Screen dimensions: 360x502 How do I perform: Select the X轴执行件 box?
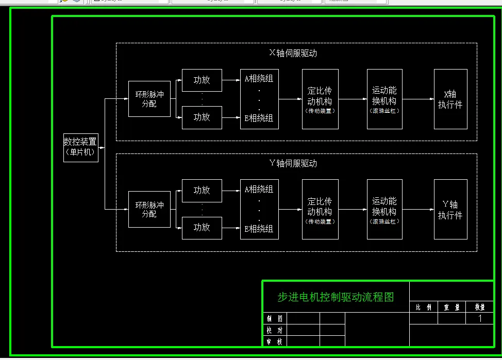(x=450, y=99)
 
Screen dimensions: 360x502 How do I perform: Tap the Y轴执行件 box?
(x=450, y=210)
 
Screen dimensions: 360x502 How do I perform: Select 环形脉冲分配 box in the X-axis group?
(x=149, y=99)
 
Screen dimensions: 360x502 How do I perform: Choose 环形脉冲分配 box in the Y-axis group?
(x=149, y=209)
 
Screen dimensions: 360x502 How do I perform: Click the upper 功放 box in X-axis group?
(x=202, y=80)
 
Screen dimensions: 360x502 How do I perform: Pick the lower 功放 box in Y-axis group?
(x=202, y=228)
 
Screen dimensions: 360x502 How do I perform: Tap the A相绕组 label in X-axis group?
(x=259, y=79)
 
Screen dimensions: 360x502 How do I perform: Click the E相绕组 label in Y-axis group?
(x=259, y=229)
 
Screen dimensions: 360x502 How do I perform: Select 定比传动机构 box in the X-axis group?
(x=320, y=99)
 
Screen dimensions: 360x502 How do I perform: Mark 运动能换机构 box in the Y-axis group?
(x=384, y=209)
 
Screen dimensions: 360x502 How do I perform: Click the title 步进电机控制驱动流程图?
(x=336, y=297)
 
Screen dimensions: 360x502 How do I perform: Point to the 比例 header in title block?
(x=423, y=307)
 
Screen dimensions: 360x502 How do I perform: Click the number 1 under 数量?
(x=480, y=318)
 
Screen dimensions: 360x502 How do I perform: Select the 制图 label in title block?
(x=274, y=318)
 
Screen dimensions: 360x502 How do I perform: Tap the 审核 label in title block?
(x=274, y=341)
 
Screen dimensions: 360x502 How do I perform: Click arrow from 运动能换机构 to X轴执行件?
(x=417, y=99)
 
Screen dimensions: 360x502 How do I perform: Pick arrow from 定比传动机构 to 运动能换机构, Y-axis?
(x=353, y=210)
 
